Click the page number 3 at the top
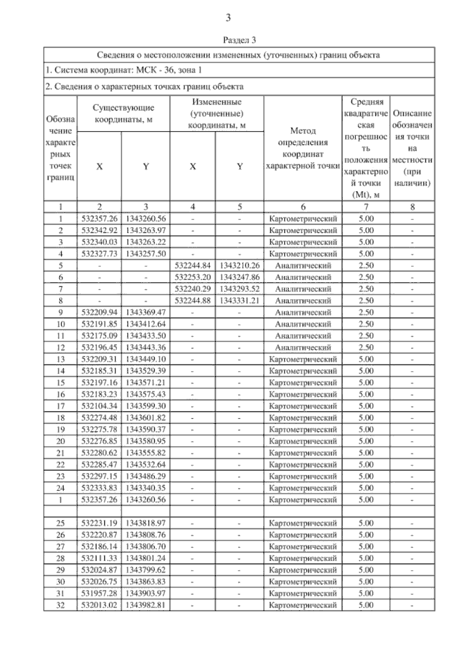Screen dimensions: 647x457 228,18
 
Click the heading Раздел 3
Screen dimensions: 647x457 239,40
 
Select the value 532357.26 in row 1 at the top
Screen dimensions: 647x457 99,219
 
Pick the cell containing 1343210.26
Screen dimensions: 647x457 240,266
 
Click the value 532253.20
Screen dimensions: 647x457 193,277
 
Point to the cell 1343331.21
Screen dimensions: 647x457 240,301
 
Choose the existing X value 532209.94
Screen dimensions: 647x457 99,312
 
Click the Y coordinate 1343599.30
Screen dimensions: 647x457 146,406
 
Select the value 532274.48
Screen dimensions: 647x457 99,418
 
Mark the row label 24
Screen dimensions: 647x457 61,488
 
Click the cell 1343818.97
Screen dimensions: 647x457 146,523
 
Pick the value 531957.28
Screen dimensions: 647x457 99,593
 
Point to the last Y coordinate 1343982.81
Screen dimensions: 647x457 146,605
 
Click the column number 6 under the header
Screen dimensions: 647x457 303,207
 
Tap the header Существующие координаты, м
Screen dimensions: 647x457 123,113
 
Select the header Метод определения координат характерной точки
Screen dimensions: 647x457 303,148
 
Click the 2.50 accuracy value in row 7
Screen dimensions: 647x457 366,289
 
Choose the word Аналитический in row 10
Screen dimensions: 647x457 303,324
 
